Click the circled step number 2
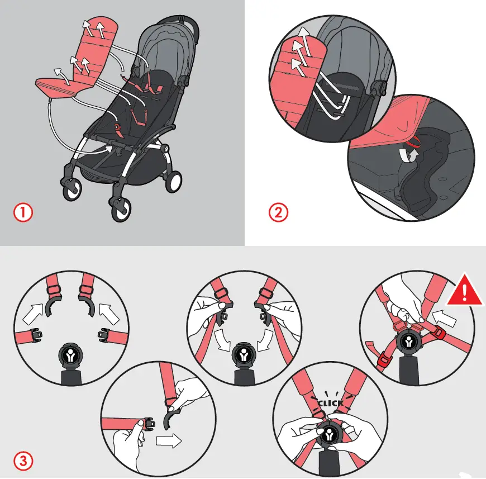point(278,213)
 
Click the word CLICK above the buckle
point(330,402)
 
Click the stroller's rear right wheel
point(173,182)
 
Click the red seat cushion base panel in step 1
point(56,87)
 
